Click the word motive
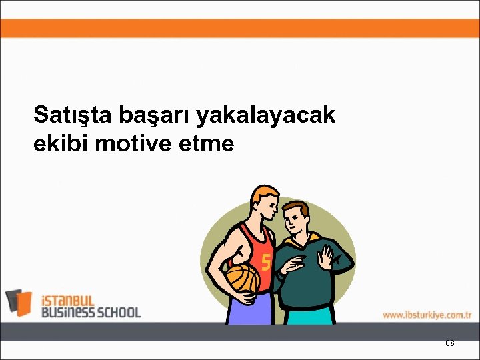134,144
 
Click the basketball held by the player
241,279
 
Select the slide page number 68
449,343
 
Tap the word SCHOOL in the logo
118,312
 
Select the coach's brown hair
298,207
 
